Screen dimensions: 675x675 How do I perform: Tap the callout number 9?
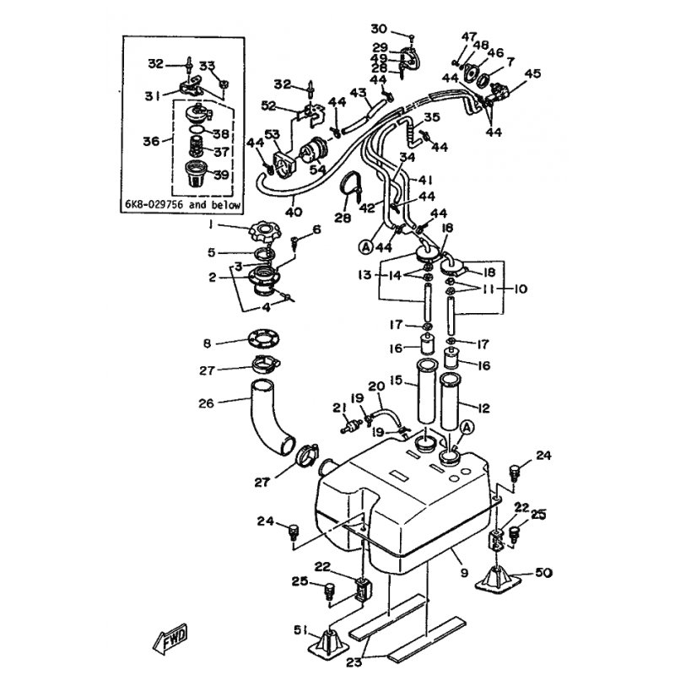click(x=464, y=573)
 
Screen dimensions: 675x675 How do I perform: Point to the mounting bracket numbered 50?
click(x=498, y=580)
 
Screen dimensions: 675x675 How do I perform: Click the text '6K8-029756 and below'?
click(x=182, y=204)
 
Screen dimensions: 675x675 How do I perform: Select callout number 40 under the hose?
click(x=294, y=212)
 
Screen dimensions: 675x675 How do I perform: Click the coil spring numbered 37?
click(x=197, y=146)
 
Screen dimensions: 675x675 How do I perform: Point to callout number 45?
click(x=532, y=73)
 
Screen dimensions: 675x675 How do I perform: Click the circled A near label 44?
click(x=365, y=246)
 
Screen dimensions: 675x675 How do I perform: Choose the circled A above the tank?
click(x=467, y=427)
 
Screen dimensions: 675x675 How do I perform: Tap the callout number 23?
click(x=354, y=661)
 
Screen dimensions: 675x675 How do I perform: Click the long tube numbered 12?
click(x=451, y=402)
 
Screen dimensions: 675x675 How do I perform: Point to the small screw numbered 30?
click(x=411, y=39)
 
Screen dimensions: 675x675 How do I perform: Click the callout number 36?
click(x=151, y=141)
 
